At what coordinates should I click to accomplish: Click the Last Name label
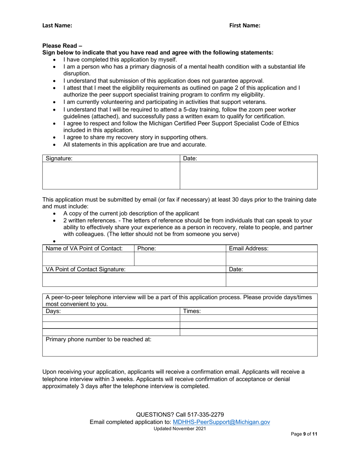(57, 25)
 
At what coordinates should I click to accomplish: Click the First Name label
(245, 25)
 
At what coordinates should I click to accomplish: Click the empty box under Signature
(111, 175)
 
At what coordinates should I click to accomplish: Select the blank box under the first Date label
(248, 175)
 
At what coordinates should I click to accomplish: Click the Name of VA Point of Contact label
(84, 249)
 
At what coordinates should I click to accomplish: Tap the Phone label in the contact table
(147, 249)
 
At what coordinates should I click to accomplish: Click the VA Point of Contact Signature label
(86, 269)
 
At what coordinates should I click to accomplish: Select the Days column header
(53, 311)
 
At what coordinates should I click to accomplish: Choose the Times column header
(192, 311)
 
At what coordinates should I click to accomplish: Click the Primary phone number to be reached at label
(99, 339)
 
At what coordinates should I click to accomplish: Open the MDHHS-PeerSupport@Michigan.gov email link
(221, 422)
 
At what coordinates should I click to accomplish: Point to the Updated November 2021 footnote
(180, 428)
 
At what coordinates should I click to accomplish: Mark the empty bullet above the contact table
(55, 241)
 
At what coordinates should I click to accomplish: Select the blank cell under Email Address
(271, 259)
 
